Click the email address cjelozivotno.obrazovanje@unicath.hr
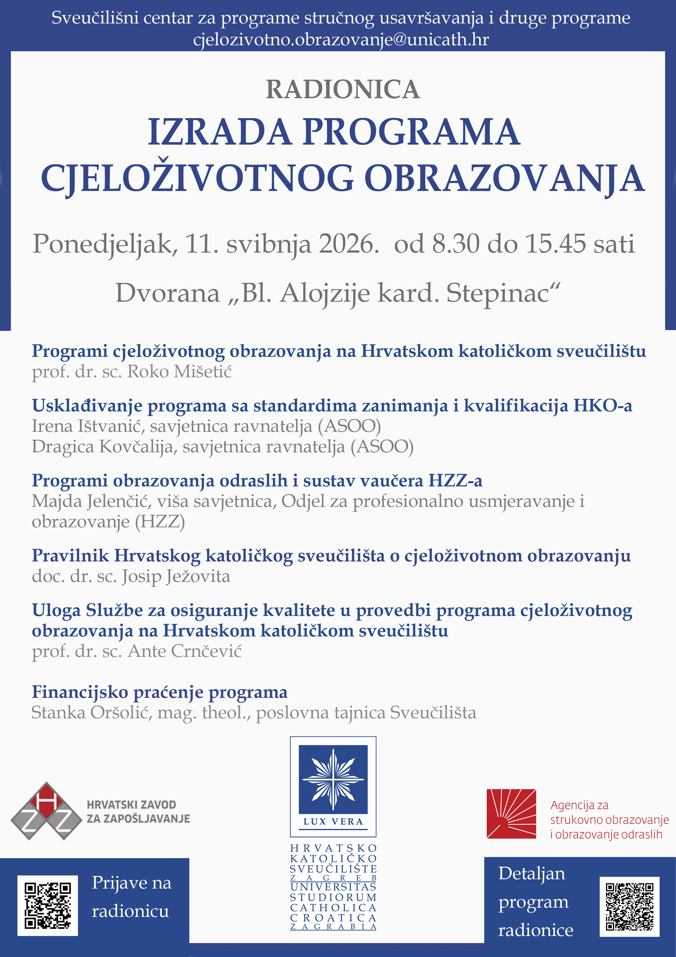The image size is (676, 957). point(341,40)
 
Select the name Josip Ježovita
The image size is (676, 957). point(176,576)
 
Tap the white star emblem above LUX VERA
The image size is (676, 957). point(333,779)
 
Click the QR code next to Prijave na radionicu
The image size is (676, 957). point(47,905)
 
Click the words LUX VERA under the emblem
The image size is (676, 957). point(333,821)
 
